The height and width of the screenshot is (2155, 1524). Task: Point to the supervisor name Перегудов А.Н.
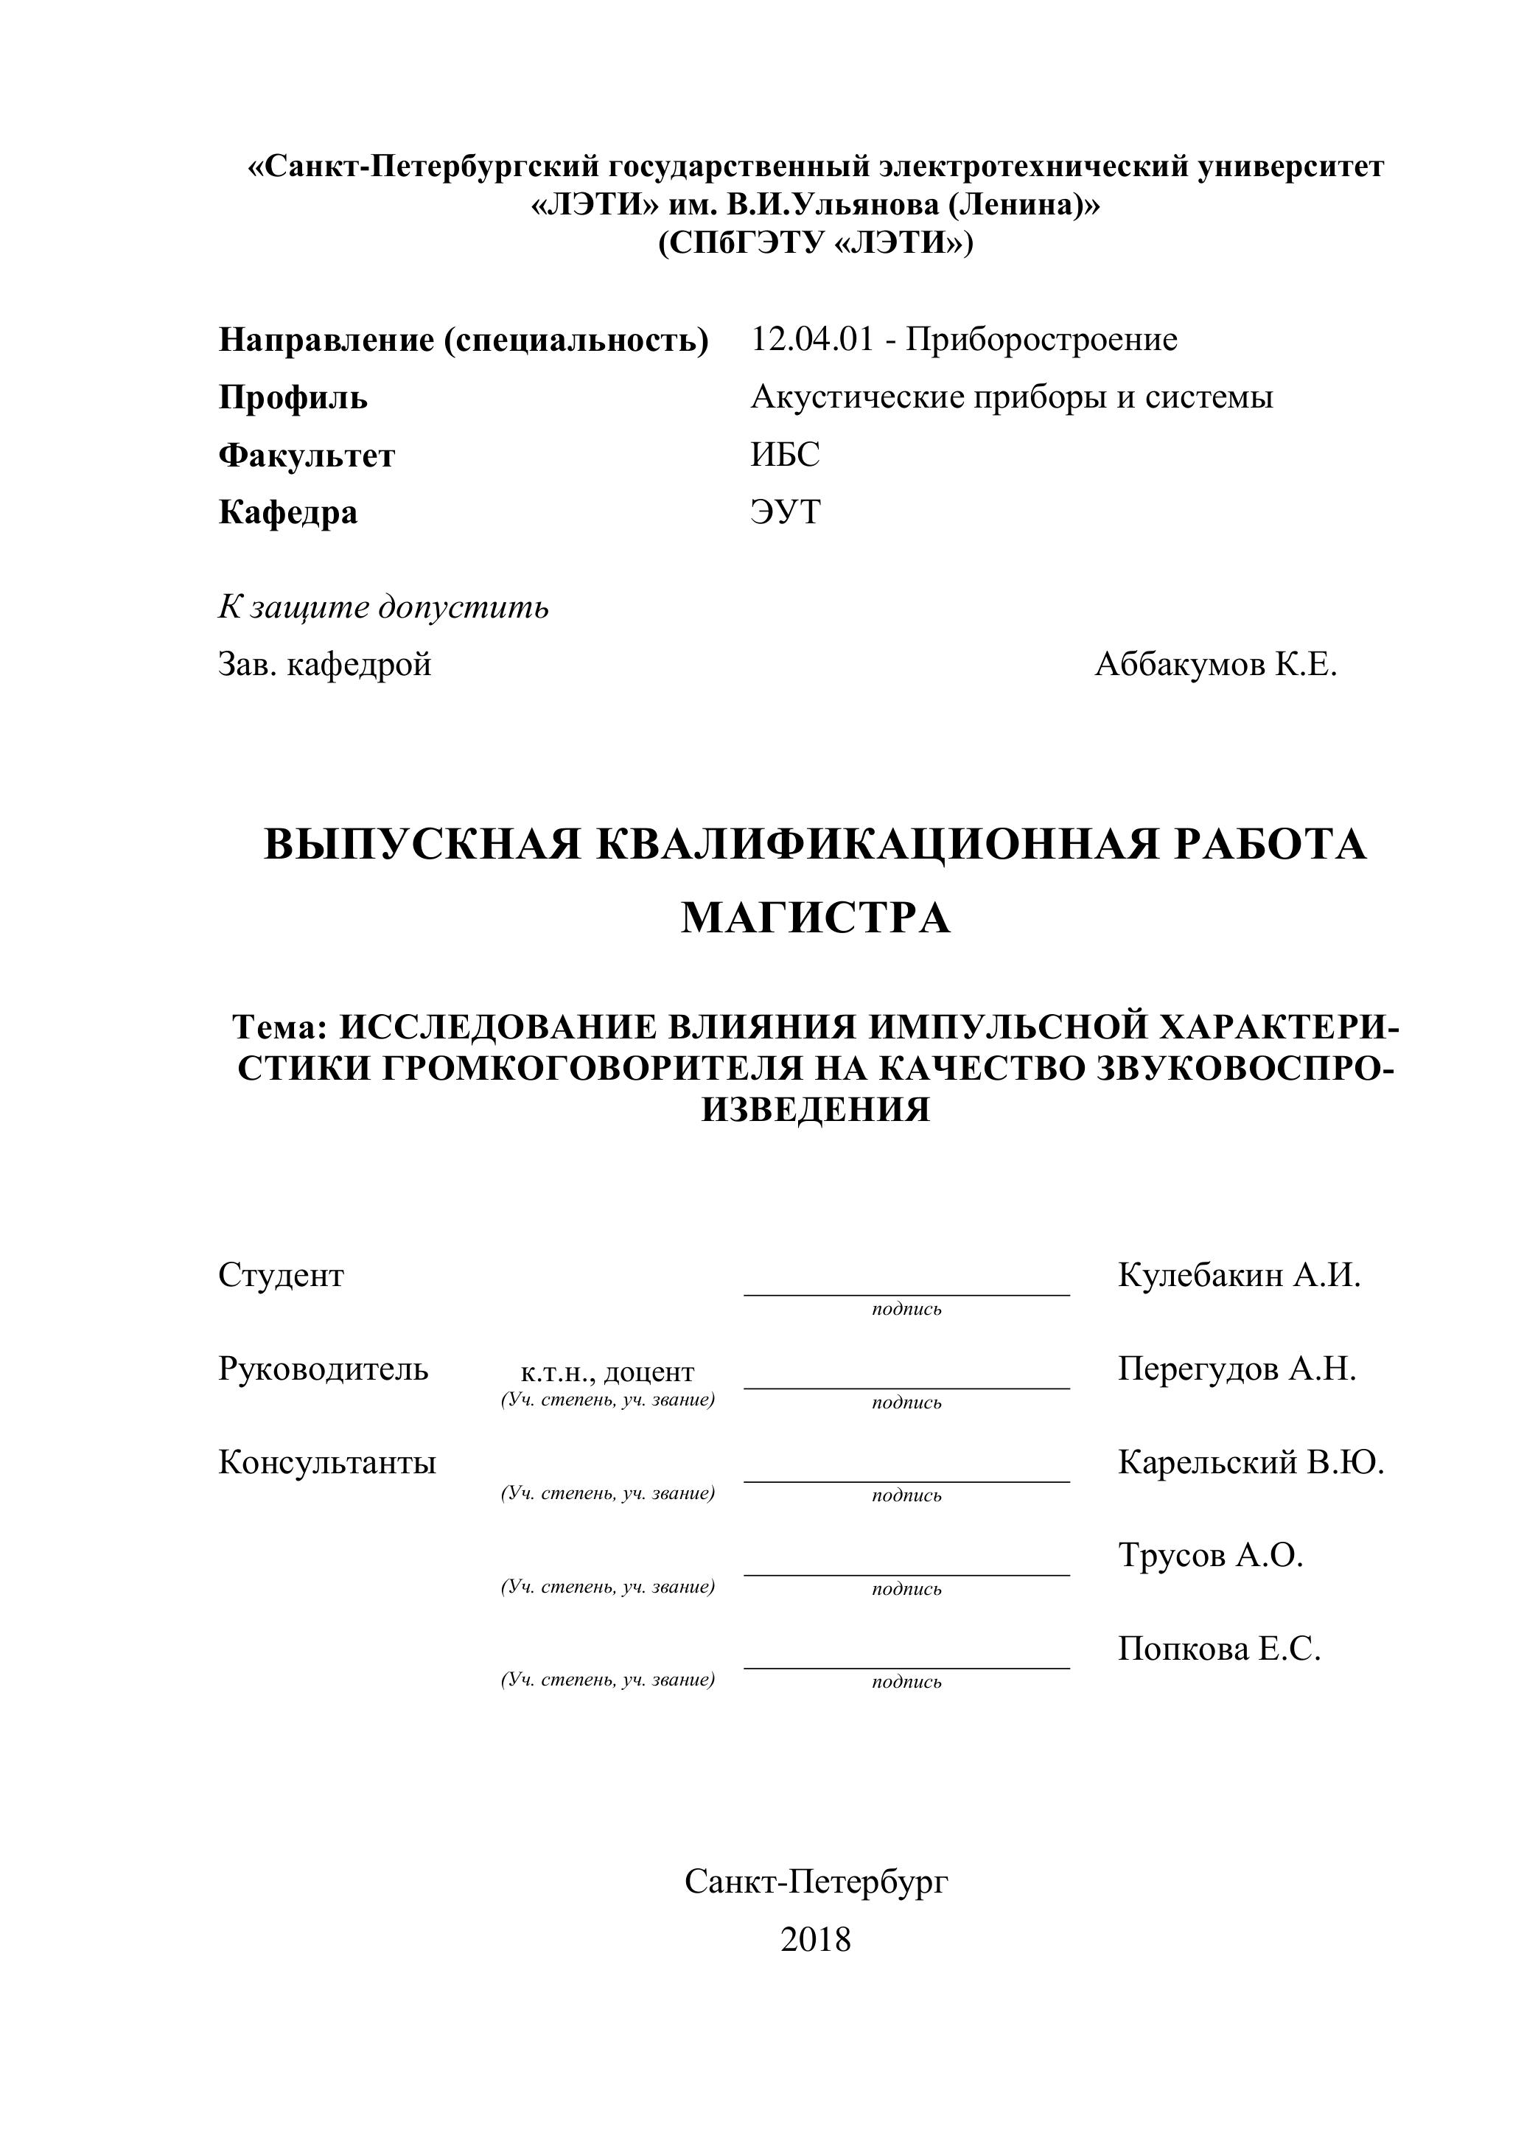coord(1237,1369)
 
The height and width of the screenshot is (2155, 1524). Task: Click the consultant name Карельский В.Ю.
coord(1251,1462)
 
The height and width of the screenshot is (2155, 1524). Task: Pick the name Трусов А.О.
coord(1211,1555)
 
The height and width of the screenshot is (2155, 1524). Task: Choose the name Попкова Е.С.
coord(1219,1649)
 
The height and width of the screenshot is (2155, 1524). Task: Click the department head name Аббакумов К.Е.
coord(1215,665)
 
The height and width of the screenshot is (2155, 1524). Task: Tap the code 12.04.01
coord(811,339)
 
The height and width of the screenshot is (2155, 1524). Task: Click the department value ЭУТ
coord(786,512)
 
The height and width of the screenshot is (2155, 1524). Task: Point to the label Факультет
coord(307,456)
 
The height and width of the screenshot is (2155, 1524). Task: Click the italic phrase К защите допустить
coord(383,607)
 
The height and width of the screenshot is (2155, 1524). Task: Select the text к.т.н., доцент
coord(607,1372)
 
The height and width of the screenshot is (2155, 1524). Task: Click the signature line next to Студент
coord(906,1293)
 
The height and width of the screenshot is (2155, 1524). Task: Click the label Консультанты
coord(327,1462)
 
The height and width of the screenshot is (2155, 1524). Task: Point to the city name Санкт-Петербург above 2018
coord(816,1882)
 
